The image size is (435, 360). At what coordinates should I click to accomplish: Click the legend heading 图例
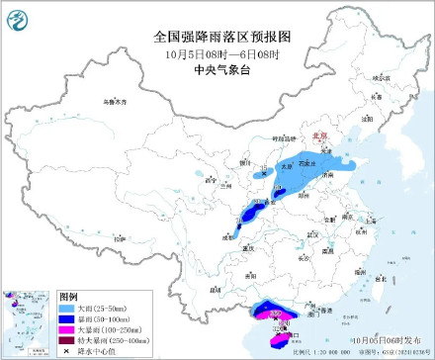(x=68, y=296)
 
